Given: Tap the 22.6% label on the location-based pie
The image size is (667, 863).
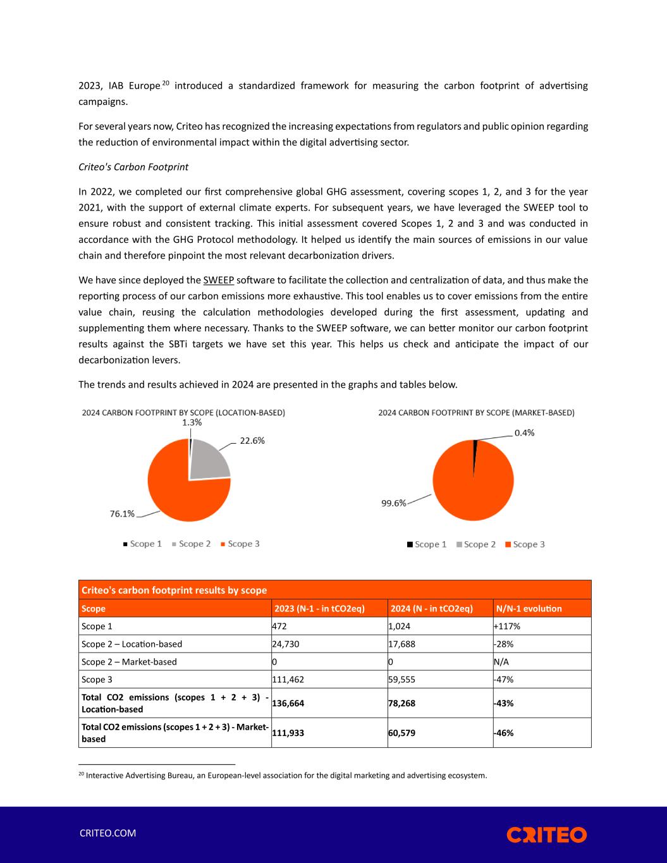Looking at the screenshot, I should pyautogui.click(x=252, y=441).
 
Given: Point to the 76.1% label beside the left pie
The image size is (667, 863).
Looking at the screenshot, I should pyautogui.click(x=122, y=514).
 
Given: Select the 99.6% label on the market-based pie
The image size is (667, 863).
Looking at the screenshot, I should pyautogui.click(x=393, y=503).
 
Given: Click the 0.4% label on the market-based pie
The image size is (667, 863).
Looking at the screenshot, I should pyautogui.click(x=524, y=433).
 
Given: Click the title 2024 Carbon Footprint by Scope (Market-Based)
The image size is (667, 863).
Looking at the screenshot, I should pyautogui.click(x=476, y=413).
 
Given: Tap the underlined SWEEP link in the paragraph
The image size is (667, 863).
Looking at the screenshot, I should pyautogui.click(x=219, y=280).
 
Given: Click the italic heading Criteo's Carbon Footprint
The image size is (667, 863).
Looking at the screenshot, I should pyautogui.click(x=133, y=168).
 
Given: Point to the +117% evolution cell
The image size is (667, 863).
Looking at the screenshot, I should pyautogui.click(x=507, y=627).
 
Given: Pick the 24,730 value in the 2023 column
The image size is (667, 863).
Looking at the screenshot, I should pyautogui.click(x=285, y=644).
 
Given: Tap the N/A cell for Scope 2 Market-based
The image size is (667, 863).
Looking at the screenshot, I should pyautogui.click(x=503, y=662).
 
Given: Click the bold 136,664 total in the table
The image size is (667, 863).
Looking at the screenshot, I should pyautogui.click(x=288, y=703).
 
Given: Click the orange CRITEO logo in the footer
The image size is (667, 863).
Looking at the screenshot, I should pyautogui.click(x=546, y=835).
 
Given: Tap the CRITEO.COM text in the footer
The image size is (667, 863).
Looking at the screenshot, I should pyautogui.click(x=107, y=833).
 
